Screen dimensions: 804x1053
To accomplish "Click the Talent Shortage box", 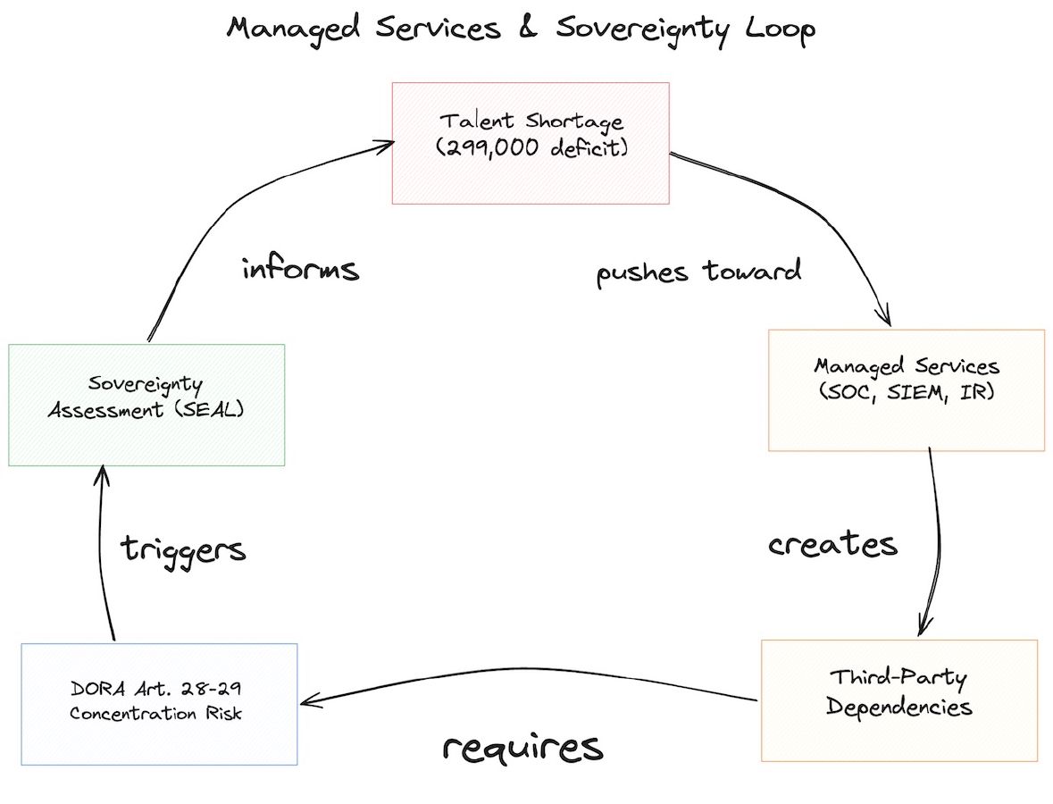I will coord(531,143).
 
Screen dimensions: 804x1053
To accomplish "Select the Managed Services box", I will coord(906,389).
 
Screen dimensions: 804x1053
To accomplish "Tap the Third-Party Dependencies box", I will coord(898,699).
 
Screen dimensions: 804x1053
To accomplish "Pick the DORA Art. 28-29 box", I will coord(159,703).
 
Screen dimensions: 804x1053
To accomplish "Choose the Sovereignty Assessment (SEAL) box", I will coord(146,405).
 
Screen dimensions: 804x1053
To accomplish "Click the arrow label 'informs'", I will coord(300,269).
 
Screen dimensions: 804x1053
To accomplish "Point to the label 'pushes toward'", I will coord(698,271).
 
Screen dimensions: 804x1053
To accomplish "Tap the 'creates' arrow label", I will coord(832,544).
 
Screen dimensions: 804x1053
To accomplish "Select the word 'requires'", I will coord(522,747).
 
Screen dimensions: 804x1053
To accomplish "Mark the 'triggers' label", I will coord(183,549).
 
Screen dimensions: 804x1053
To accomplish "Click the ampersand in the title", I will coord(526,29).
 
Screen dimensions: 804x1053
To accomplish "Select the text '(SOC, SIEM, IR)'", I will coord(906,392).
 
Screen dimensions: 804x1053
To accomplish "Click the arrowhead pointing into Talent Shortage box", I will coord(387,142).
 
